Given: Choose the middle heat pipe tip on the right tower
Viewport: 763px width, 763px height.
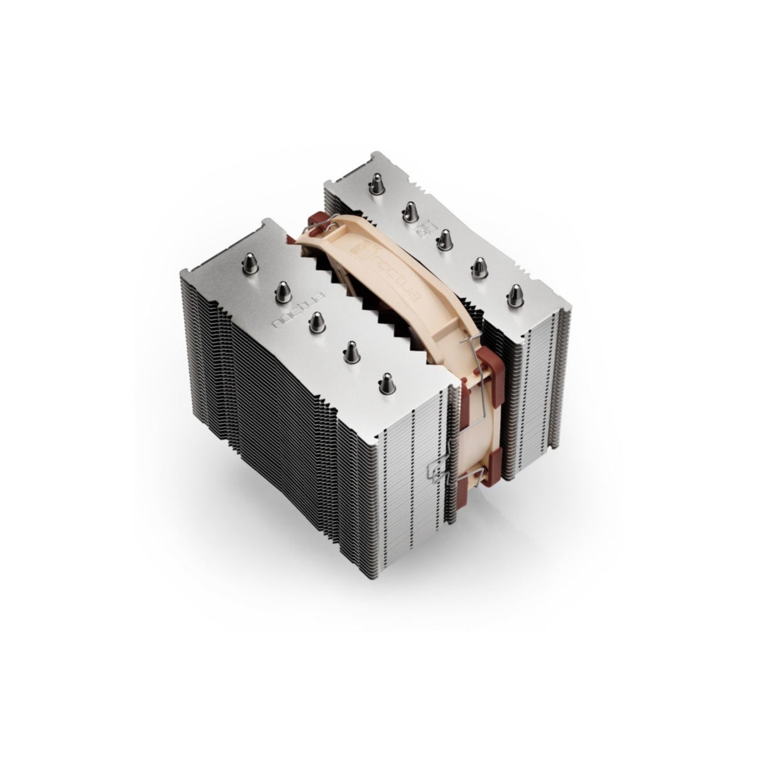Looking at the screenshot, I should click(444, 239).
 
